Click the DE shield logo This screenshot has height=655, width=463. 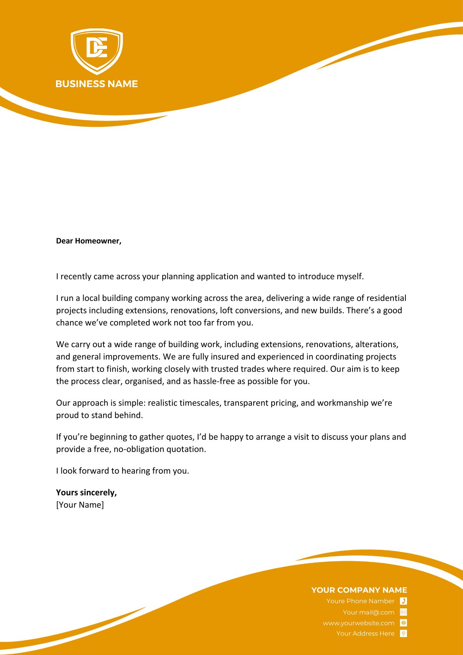pyautogui.click(x=96, y=50)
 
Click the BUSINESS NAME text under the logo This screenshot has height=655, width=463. pyautogui.click(x=96, y=84)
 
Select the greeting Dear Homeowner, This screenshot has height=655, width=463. pyautogui.click(x=89, y=241)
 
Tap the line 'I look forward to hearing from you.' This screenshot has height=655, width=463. pyautogui.click(x=123, y=471)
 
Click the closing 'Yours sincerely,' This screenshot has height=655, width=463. pyautogui.click(x=86, y=492)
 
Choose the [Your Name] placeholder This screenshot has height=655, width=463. pyautogui.click(x=80, y=505)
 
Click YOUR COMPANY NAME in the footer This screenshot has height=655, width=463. pyautogui.click(x=359, y=590)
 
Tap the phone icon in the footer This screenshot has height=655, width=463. pyautogui.click(x=403, y=601)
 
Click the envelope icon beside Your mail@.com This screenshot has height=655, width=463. pyautogui.click(x=403, y=612)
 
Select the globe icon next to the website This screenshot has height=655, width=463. pyautogui.click(x=403, y=623)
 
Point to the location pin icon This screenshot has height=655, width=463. pyautogui.click(x=403, y=634)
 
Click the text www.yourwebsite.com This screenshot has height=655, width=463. pyautogui.click(x=358, y=623)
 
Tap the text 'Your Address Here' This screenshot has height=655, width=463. pyautogui.click(x=365, y=634)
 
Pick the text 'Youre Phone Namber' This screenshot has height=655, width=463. pyautogui.click(x=360, y=601)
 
